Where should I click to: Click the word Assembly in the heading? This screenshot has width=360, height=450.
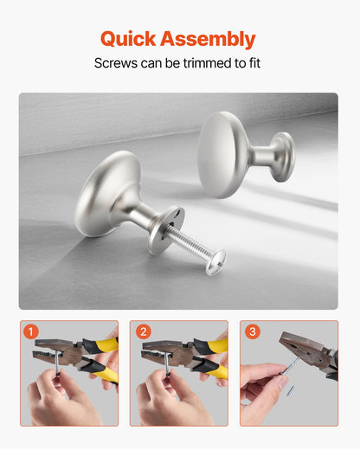coord(212,39)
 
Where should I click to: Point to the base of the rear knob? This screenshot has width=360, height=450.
coord(282,156)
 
